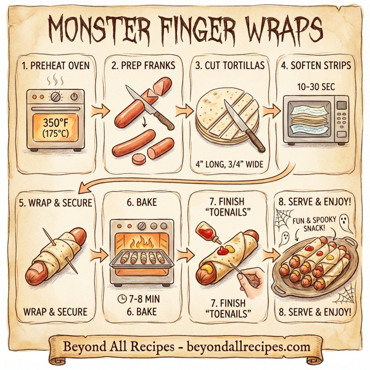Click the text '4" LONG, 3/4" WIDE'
228,165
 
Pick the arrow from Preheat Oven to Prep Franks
96,112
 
